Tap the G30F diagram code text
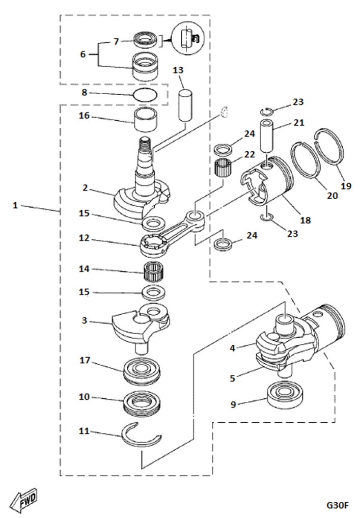pyautogui.click(x=338, y=505)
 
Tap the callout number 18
pyautogui.click(x=306, y=220)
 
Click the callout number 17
pyautogui.click(x=84, y=361)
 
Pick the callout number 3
pyautogui.click(x=84, y=321)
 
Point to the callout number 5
pyautogui.click(x=233, y=378)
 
